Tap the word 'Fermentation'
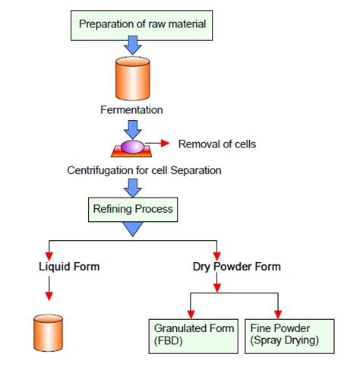click(132, 110)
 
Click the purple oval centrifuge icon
click(132, 145)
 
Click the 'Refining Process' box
click(132, 207)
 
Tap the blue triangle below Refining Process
click(132, 227)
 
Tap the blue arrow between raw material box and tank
click(132, 46)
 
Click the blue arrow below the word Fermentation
click(132, 125)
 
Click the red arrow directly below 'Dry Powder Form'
click(219, 285)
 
